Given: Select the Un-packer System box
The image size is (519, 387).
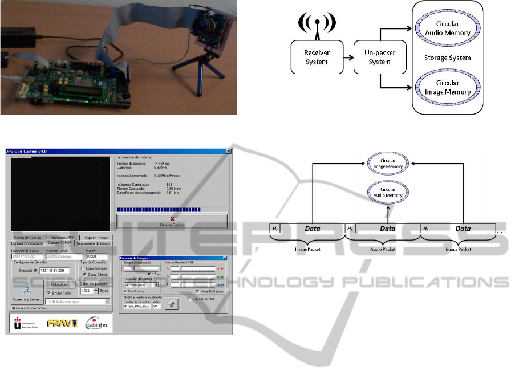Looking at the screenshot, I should click(376, 58).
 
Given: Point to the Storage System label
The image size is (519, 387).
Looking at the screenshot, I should click(447, 58).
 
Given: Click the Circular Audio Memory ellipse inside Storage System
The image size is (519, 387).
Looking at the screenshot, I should click(448, 28).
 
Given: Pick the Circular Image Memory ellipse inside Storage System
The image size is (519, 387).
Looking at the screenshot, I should click(448, 87).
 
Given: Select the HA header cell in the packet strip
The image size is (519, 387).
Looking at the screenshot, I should click(350, 229).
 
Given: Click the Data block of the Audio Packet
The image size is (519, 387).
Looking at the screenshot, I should click(387, 229).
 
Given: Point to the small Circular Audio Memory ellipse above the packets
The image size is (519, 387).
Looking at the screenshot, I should click(388, 192).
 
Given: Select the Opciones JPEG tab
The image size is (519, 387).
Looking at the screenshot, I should click(62, 237).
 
